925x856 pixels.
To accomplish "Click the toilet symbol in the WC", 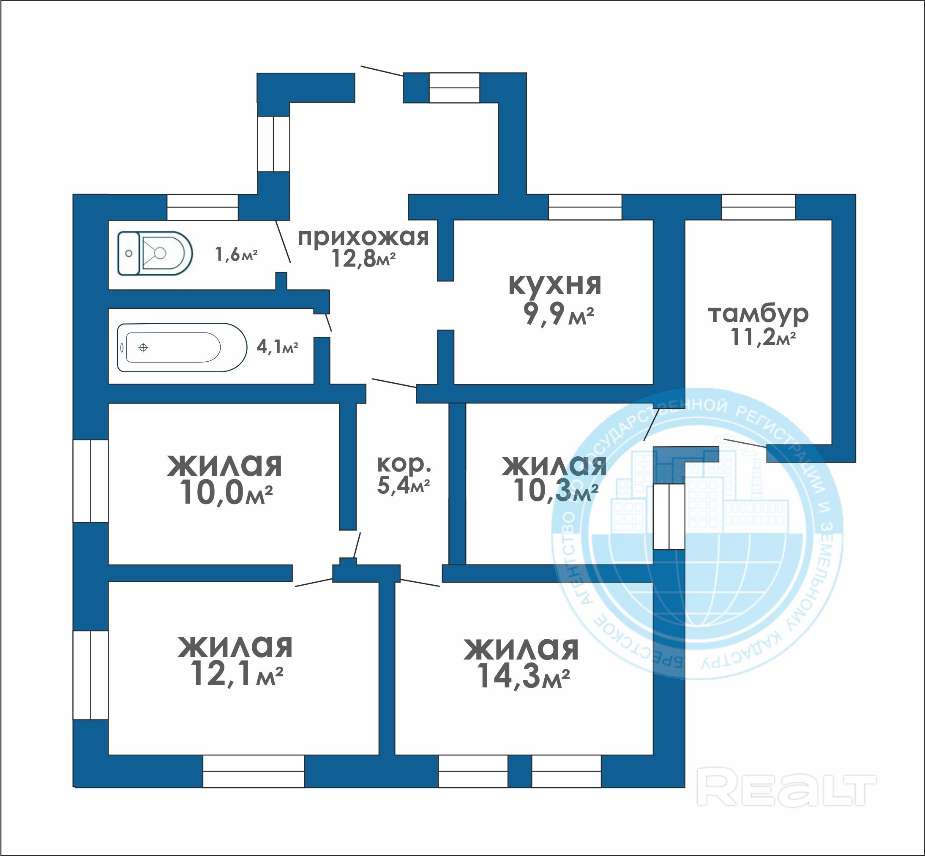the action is (155, 254).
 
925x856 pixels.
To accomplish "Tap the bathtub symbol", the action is (182, 347).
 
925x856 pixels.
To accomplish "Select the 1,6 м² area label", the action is (236, 254).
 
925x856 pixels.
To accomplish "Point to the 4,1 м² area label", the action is (277, 347).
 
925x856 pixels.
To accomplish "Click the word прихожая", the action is (363, 237).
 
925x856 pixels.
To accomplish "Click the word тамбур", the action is (758, 314).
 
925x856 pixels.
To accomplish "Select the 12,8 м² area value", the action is (363, 259).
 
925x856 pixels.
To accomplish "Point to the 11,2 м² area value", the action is (763, 337).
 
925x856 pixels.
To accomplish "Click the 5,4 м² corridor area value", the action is (404, 486).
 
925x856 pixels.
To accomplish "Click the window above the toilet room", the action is (202, 207).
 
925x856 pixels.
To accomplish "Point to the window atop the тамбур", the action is (758, 207).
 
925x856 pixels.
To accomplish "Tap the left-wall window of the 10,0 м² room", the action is (91, 481).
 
